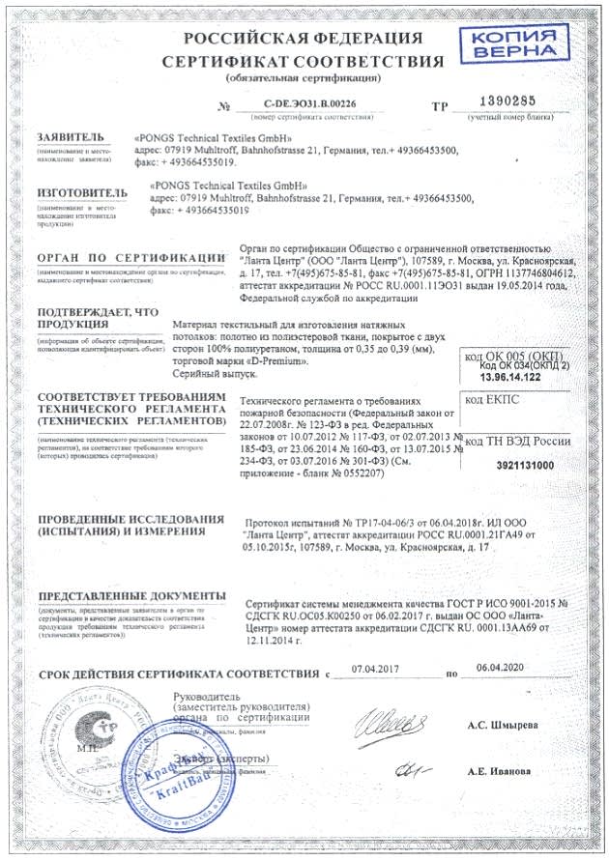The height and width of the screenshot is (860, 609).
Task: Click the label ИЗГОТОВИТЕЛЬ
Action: click(x=82, y=192)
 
